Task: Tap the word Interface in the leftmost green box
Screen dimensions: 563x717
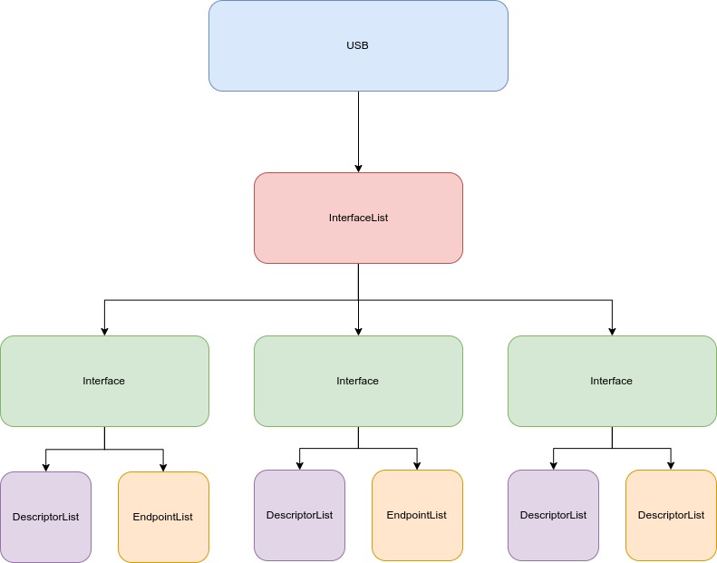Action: coord(104,381)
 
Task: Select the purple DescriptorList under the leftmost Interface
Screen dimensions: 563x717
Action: coord(45,517)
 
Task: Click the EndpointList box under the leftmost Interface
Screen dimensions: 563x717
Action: coord(163,517)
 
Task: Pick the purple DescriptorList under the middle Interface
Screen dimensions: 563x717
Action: coord(299,515)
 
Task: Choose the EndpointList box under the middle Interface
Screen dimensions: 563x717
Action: coord(417,515)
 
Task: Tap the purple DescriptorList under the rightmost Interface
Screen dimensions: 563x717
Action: coord(553,515)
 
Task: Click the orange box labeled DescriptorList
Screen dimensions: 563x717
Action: coord(671,515)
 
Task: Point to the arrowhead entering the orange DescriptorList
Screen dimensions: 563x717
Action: coord(671,465)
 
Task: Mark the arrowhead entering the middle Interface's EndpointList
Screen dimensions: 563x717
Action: coord(417,465)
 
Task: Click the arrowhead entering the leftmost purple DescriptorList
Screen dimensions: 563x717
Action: coord(45,467)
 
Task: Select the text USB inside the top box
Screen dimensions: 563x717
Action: coord(358,45)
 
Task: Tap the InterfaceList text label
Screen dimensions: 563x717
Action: coord(358,218)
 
